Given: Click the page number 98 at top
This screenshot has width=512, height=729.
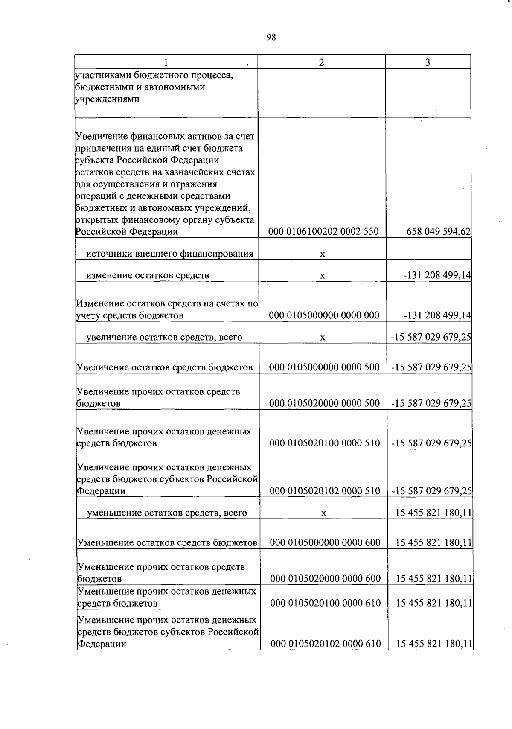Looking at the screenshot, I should point(271,37).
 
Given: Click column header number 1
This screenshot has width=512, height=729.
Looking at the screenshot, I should point(166,62).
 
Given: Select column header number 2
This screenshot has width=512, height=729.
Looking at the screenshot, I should point(321,62).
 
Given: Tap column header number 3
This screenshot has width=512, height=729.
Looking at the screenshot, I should point(428,62).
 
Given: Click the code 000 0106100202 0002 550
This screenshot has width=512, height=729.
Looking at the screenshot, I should point(323,232).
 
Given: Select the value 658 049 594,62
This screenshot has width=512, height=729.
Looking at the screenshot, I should point(438,232).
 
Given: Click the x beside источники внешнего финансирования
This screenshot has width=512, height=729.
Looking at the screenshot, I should point(323,254).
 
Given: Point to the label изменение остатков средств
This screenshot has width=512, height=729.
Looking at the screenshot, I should point(148,275).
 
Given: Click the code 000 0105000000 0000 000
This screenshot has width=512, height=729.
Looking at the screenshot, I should point(324,315).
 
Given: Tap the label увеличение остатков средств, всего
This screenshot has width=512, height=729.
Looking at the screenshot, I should point(164,337).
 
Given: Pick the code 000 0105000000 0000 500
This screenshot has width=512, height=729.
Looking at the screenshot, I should point(324,367).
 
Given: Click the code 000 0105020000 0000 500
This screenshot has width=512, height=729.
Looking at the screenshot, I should point(324,403).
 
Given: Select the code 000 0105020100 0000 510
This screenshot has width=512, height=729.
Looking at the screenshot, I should point(325,443).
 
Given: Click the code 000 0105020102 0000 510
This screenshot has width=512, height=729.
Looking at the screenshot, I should point(325,491).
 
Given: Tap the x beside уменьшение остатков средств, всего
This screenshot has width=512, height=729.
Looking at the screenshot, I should point(324,513).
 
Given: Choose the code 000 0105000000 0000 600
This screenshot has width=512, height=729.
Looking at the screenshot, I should point(325,543).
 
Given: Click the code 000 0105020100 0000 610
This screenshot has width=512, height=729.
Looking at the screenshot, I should point(326,603).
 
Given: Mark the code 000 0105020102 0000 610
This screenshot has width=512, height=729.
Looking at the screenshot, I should point(326,644).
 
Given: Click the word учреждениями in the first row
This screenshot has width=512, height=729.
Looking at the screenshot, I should point(107,99).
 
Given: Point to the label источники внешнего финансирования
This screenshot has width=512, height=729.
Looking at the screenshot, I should point(169,254).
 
